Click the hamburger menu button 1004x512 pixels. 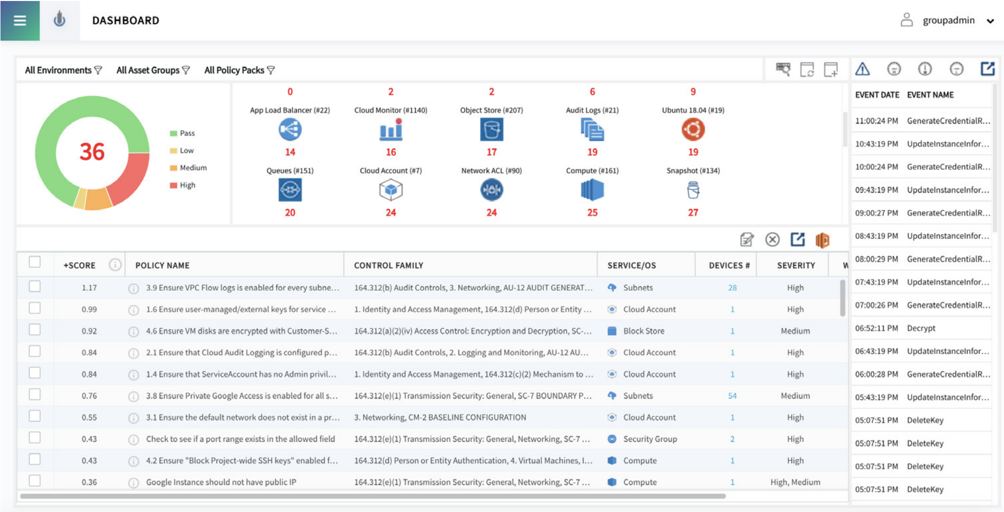(x=20, y=20)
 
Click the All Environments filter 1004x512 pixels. (x=63, y=70)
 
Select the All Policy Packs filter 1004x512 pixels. (x=239, y=70)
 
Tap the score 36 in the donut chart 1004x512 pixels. (x=92, y=152)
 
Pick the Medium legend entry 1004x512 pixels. (x=193, y=168)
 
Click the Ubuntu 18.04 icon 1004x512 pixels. (x=693, y=130)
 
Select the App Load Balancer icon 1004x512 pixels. (x=290, y=130)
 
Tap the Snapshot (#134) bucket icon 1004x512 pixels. (x=693, y=190)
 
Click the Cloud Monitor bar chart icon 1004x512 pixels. (x=390, y=130)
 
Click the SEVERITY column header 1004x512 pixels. (x=795, y=265)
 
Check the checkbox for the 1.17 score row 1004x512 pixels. (x=35, y=287)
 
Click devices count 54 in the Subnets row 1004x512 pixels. (x=732, y=396)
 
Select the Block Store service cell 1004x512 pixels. (x=643, y=331)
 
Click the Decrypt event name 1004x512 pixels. (x=921, y=328)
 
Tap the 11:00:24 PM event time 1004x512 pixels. (x=876, y=121)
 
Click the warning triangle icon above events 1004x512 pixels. (x=862, y=69)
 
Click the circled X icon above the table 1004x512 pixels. (x=772, y=240)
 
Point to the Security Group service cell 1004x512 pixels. (x=649, y=439)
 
